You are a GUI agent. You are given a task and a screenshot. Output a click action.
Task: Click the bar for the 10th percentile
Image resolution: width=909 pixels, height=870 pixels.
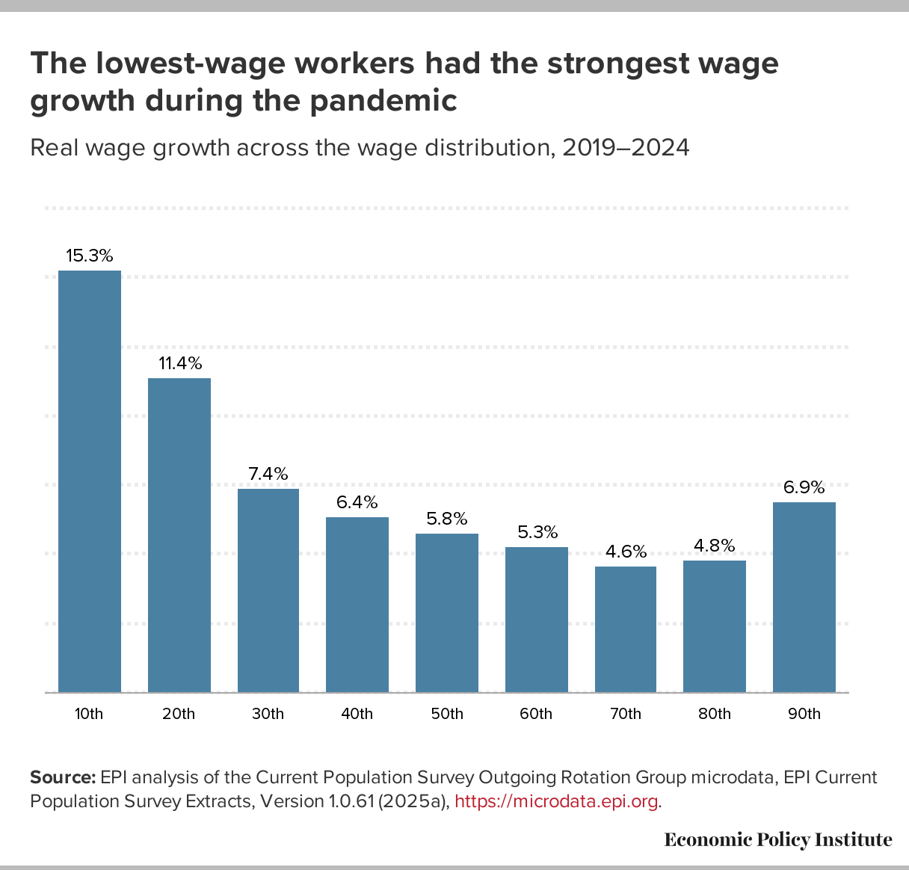click(x=90, y=481)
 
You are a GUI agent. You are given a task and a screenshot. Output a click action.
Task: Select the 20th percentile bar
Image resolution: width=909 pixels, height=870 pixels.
click(x=179, y=535)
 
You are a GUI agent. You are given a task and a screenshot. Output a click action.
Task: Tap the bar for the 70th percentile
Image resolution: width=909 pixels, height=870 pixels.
click(x=626, y=629)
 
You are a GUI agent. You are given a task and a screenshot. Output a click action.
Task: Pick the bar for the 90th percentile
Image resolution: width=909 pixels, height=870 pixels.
click(x=804, y=597)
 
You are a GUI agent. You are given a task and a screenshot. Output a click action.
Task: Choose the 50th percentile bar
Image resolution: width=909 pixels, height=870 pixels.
click(x=447, y=613)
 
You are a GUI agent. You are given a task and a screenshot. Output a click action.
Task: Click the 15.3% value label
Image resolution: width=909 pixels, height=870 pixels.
click(x=90, y=256)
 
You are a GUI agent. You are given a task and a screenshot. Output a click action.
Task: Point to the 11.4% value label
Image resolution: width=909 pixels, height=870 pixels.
click(x=180, y=363)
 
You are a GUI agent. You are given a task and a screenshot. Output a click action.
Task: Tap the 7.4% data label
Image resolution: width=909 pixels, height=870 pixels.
click(x=268, y=474)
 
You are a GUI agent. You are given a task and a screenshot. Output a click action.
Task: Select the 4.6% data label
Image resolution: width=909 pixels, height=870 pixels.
click(x=626, y=552)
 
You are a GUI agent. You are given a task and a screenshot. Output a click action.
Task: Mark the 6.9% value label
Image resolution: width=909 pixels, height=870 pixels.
click(x=804, y=487)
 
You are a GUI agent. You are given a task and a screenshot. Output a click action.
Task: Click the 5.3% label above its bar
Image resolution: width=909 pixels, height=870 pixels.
click(x=537, y=532)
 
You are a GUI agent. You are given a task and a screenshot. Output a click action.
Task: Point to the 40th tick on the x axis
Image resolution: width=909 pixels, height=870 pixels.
click(x=357, y=714)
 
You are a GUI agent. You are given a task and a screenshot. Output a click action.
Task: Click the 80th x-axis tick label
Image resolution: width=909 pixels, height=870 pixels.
click(x=715, y=714)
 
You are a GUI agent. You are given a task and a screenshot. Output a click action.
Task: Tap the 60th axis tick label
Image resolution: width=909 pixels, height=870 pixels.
click(x=536, y=714)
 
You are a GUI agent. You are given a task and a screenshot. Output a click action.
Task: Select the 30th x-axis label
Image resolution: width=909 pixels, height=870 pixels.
click(x=268, y=714)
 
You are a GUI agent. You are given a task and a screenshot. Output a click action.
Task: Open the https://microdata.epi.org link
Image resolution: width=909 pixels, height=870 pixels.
click(x=557, y=802)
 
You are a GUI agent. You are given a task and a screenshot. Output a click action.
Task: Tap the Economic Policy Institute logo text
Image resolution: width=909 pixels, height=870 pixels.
click(x=778, y=839)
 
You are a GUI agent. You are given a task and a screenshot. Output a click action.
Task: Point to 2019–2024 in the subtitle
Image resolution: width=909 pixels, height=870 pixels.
click(x=625, y=147)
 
